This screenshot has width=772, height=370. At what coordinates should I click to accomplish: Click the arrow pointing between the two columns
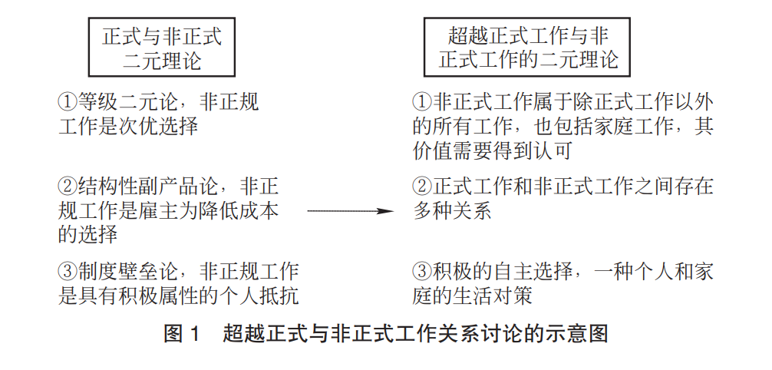pyautogui.click(x=350, y=211)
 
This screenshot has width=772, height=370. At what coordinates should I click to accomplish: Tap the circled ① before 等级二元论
pyautogui.click(x=68, y=102)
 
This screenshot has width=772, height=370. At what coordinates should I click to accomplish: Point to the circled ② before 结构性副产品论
pyautogui.click(x=68, y=187)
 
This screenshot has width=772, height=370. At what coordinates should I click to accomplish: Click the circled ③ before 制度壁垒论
pyautogui.click(x=68, y=271)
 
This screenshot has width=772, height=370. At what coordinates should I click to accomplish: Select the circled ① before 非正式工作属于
pyautogui.click(x=422, y=102)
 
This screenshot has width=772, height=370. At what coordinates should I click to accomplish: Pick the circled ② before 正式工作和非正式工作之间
pyautogui.click(x=422, y=187)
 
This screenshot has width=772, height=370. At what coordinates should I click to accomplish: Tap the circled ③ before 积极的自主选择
pyautogui.click(x=422, y=271)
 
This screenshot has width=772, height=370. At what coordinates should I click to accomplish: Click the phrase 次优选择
pyautogui.click(x=159, y=127)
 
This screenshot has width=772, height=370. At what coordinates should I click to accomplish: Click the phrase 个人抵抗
pyautogui.click(x=259, y=296)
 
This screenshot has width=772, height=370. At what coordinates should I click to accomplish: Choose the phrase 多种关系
pyautogui.click(x=453, y=211)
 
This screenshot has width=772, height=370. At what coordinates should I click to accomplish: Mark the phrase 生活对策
pyautogui.click(x=493, y=296)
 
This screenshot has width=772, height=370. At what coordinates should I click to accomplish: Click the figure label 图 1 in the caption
pyautogui.click(x=182, y=334)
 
